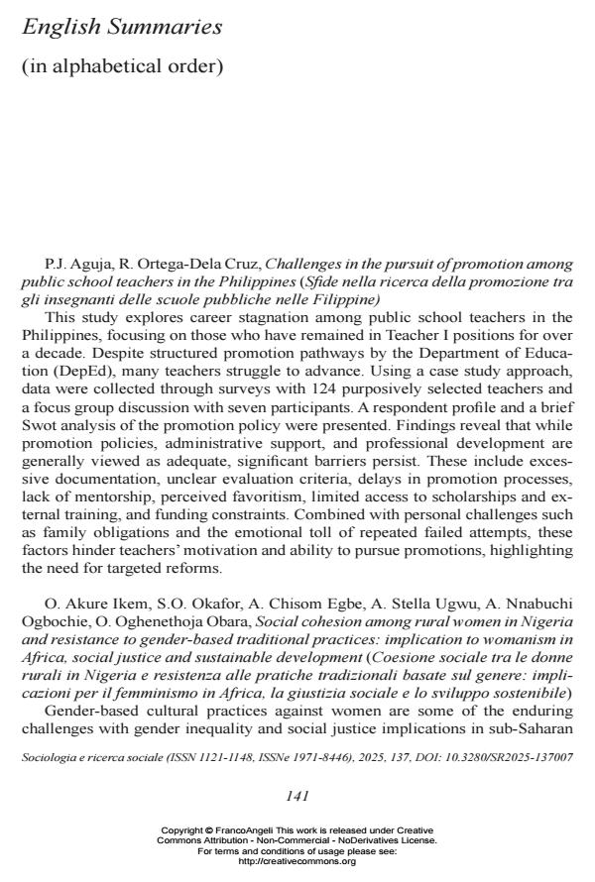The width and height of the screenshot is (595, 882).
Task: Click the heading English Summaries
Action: click(x=121, y=28)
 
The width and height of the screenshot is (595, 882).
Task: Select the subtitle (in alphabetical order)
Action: click(x=122, y=66)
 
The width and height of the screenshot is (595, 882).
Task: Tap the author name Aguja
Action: click(x=88, y=265)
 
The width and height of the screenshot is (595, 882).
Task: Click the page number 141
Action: click(x=297, y=795)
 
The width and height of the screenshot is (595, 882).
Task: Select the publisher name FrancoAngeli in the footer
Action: click(x=249, y=829)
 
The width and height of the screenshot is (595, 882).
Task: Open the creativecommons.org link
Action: click(x=297, y=861)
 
